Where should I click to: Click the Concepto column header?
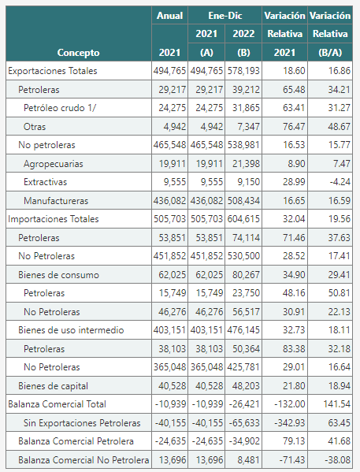pyautogui.click(x=78, y=52)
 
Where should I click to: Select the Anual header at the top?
pyautogui.click(x=170, y=15)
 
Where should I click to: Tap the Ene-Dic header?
pyautogui.click(x=225, y=15)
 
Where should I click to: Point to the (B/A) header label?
pyautogui.click(x=330, y=52)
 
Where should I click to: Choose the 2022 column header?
pyautogui.click(x=243, y=33)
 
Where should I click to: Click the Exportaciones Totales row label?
pyautogui.click(x=53, y=71)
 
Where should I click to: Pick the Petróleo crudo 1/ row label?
pyautogui.click(x=60, y=108)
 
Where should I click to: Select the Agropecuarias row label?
pyautogui.click(x=54, y=164)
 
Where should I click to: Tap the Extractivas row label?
pyautogui.click(x=45, y=182)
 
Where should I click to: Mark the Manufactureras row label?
pyautogui.click(x=56, y=200)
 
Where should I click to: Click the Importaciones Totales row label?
pyautogui.click(x=54, y=219)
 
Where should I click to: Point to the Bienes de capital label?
pyautogui.click(x=53, y=386)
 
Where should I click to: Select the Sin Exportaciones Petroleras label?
pyautogui.click(x=82, y=423)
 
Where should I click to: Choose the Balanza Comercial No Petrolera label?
pyautogui.click(x=84, y=460)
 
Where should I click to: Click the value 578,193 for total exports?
pyautogui.click(x=243, y=71)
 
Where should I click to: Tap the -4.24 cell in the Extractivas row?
pyautogui.click(x=340, y=182)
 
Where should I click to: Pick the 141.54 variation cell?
pyautogui.click(x=337, y=404)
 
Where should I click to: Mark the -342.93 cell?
pyautogui.click(x=290, y=423)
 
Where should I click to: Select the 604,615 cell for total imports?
pyautogui.click(x=243, y=219)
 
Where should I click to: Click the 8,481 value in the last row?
pyautogui.click(x=248, y=460)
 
